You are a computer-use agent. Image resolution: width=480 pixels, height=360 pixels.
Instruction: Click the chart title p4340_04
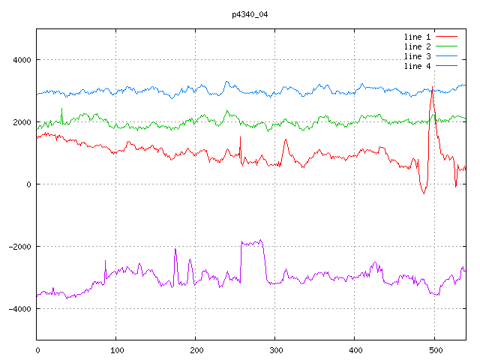[x=250, y=13]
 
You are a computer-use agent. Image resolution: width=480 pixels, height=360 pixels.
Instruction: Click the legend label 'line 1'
[x=418, y=36]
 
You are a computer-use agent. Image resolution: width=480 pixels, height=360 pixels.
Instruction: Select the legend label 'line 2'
[x=418, y=46]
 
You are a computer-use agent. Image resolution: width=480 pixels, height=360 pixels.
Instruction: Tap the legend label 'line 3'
[x=418, y=56]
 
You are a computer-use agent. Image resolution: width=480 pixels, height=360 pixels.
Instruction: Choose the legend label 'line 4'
[x=418, y=67]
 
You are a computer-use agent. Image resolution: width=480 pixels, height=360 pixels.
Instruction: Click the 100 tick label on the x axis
[x=116, y=349]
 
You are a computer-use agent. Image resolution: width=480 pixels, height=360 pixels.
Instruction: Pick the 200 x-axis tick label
[x=196, y=349]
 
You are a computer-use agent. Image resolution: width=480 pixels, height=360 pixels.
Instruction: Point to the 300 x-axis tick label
[x=275, y=349]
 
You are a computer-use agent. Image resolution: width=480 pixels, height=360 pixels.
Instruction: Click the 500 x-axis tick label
[x=434, y=349]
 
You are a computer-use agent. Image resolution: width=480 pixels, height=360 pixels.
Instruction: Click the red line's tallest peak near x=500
[x=432, y=89]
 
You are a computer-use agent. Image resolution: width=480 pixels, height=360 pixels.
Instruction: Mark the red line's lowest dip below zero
[x=423, y=193]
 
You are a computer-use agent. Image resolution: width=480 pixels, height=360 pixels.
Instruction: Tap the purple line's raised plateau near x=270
[x=252, y=242]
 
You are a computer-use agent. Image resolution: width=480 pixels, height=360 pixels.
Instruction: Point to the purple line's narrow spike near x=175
[x=175, y=249]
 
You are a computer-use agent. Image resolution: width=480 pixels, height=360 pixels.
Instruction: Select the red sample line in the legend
[x=447, y=36]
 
